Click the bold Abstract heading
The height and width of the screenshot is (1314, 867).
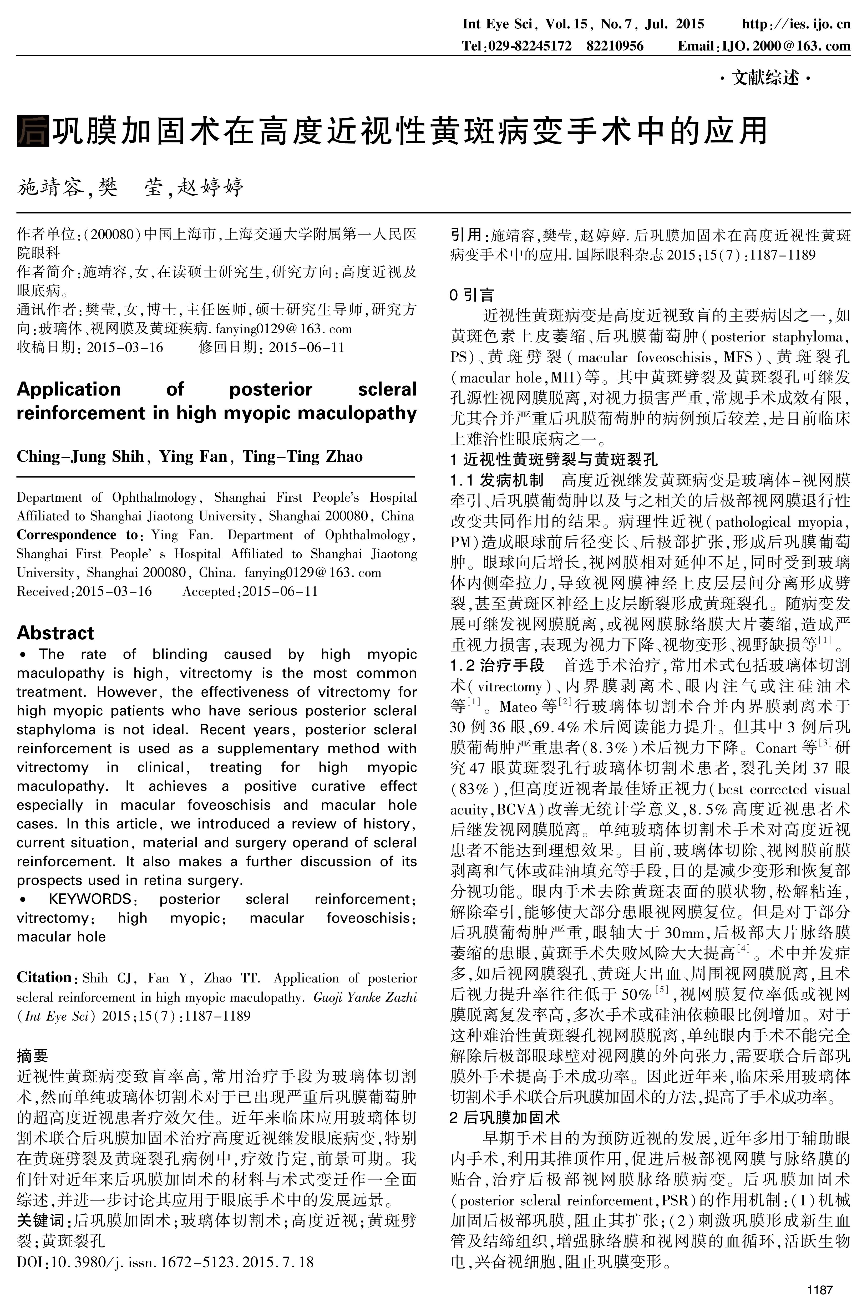[55, 632]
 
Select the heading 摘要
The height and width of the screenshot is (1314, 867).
[32, 1055]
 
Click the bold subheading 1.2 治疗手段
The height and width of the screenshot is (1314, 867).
[496, 665]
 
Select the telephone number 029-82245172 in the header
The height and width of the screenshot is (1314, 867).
[528, 46]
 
